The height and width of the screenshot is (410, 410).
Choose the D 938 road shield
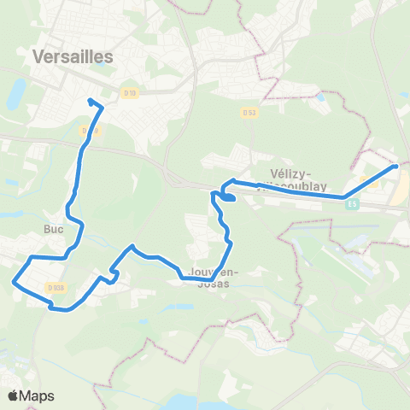pyautogui.click(x=56, y=287)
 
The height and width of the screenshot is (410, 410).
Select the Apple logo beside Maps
pyautogui.click(x=15, y=395)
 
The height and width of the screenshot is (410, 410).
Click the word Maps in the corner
pyautogui.click(x=38, y=395)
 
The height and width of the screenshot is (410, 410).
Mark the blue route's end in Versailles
pyautogui.click(x=90, y=102)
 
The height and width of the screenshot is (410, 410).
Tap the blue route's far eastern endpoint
pyautogui.click(x=396, y=167)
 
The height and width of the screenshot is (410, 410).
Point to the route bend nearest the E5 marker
pyautogui.click(x=345, y=198)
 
